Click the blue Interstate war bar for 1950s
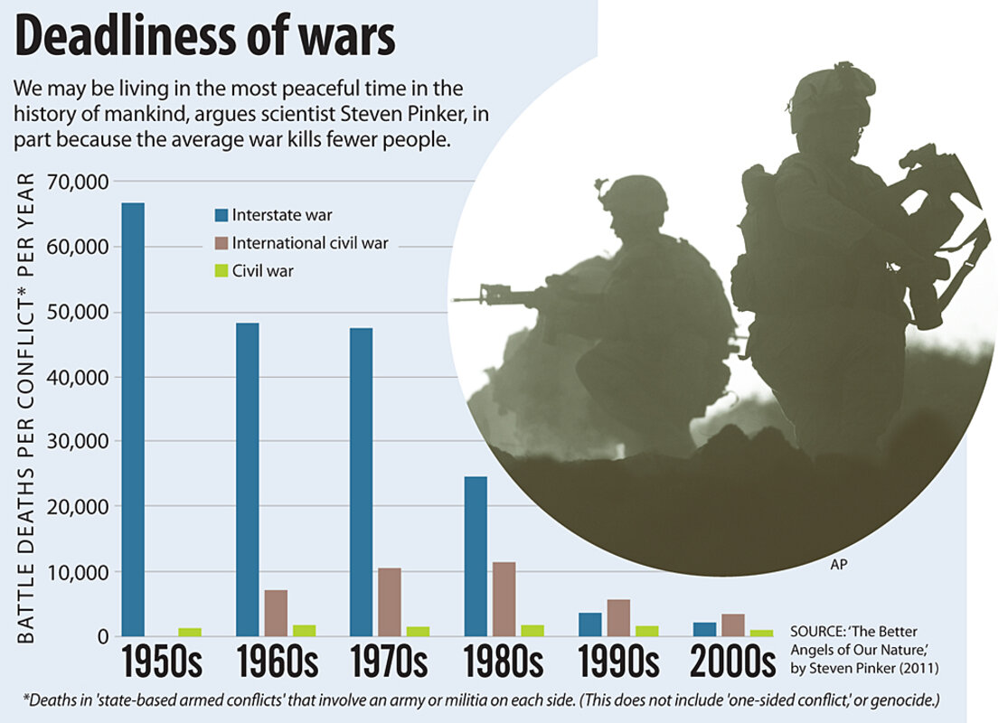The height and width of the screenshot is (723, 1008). [x=133, y=419]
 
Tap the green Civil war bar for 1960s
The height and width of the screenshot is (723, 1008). [x=305, y=630]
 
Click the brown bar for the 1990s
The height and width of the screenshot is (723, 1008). [x=618, y=618]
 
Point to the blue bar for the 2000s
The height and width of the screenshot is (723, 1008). [x=705, y=629]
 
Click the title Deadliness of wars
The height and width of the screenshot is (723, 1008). [x=205, y=38]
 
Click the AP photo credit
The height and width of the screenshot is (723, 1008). [x=838, y=565]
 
